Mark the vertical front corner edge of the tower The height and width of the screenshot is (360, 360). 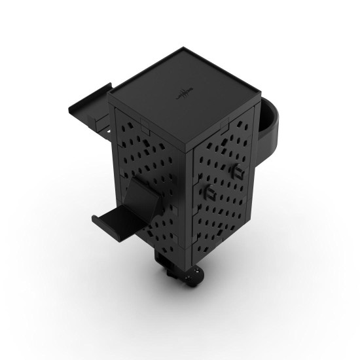tap(190, 196)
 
